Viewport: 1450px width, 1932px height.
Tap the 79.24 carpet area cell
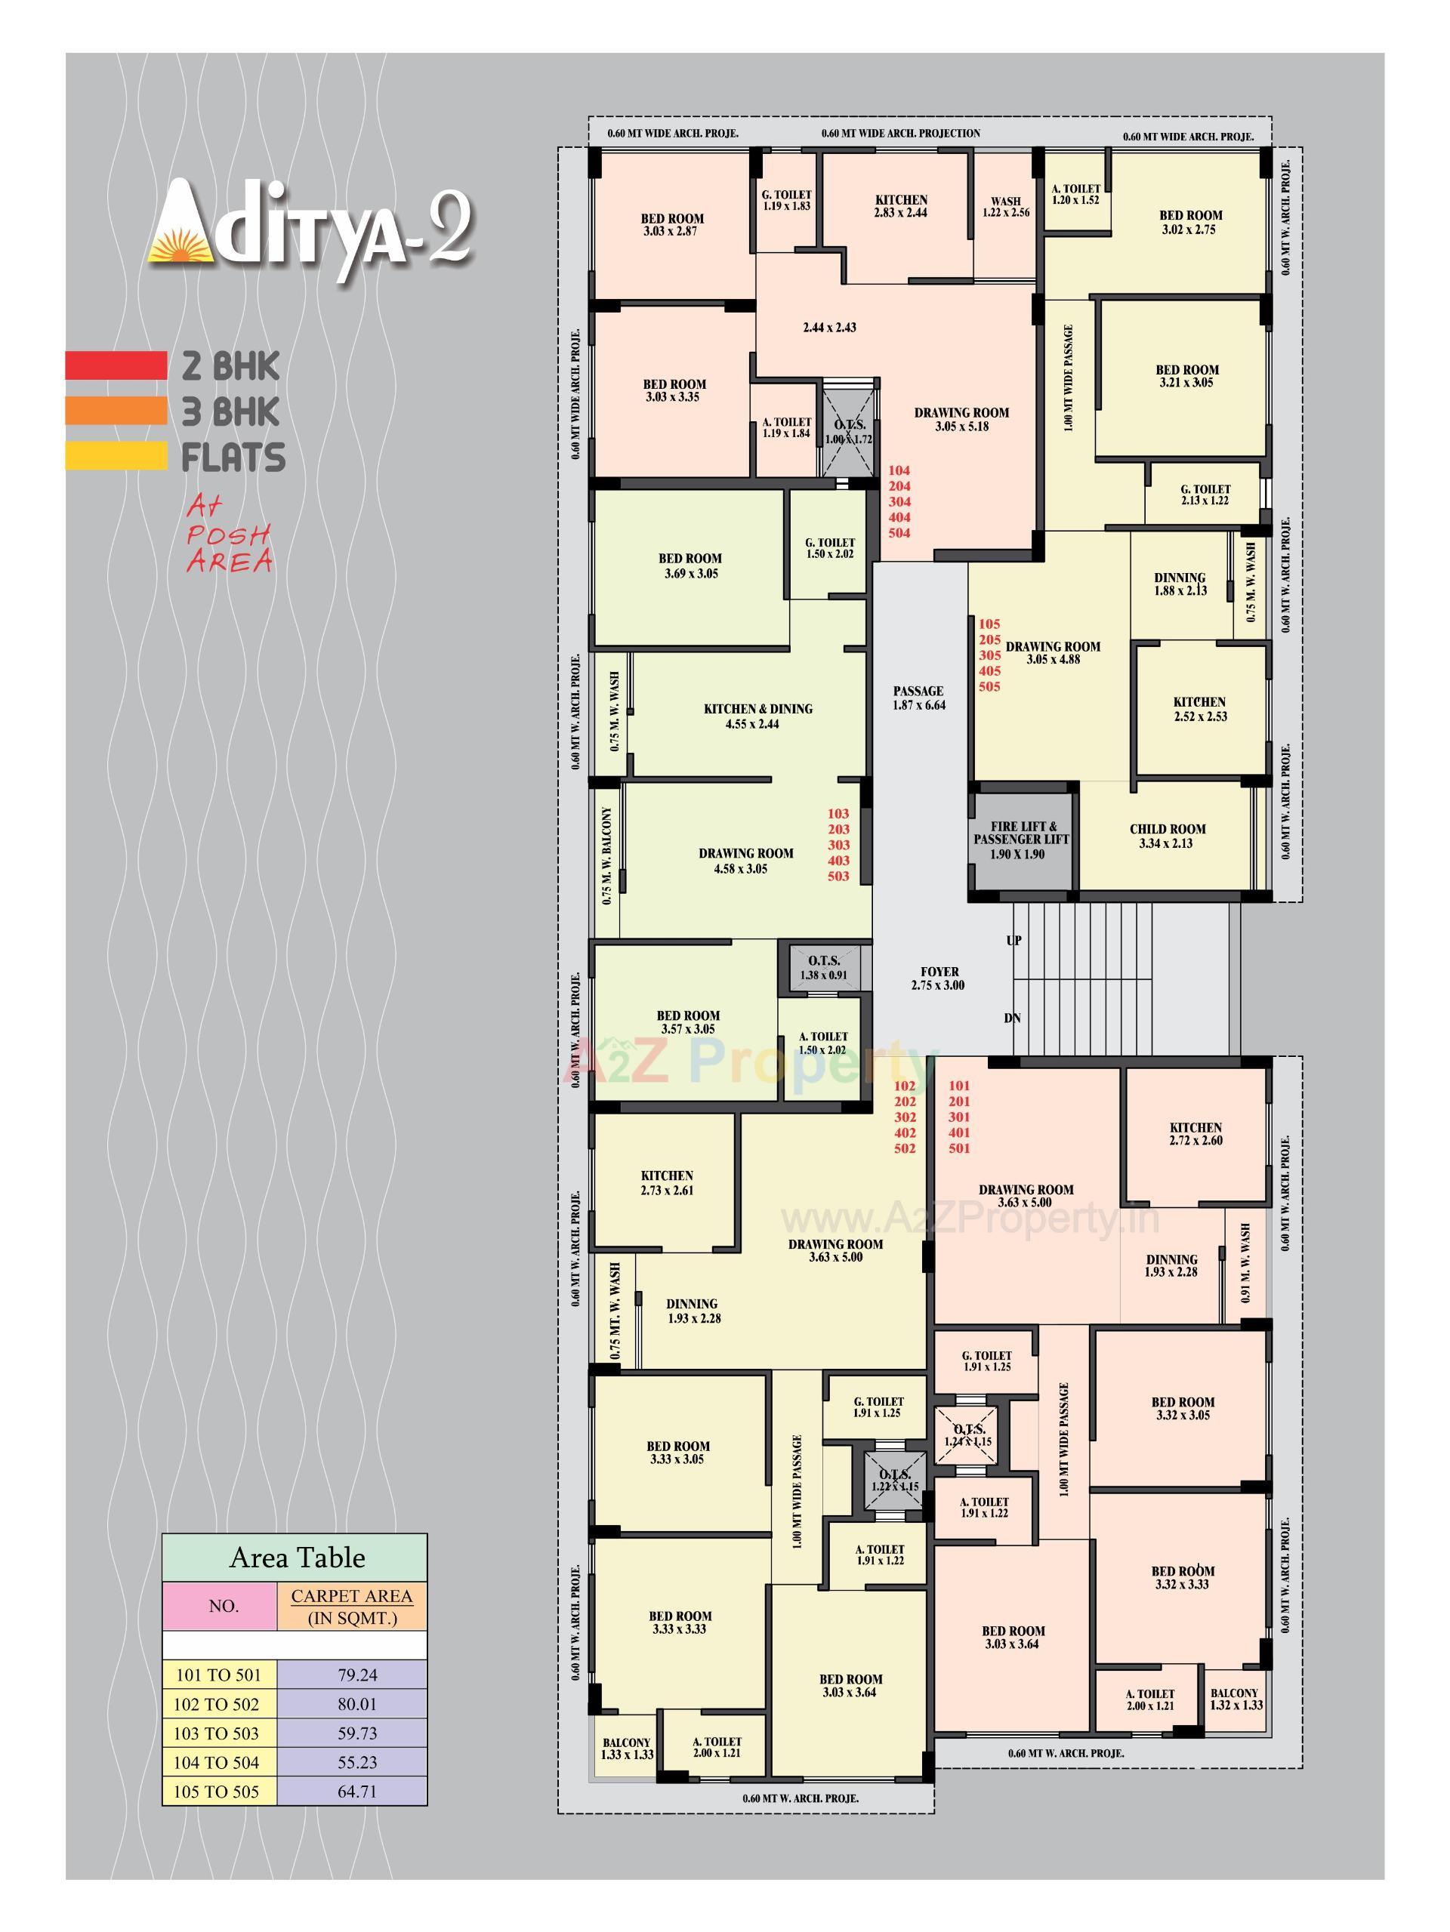(351, 1675)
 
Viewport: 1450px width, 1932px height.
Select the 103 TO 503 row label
(218, 1733)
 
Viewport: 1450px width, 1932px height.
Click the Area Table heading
(297, 1558)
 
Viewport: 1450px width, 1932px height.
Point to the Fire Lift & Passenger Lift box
(1021, 840)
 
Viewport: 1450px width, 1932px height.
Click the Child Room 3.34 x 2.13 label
(1167, 836)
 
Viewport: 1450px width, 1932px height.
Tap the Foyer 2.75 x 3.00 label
(939, 978)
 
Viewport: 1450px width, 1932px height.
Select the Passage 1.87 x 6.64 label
(918, 698)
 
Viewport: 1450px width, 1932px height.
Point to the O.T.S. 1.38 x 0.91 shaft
(824, 967)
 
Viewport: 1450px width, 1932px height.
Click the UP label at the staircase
(1014, 941)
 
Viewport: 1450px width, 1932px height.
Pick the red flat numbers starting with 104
(899, 501)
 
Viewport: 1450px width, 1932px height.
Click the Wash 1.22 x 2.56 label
(1005, 206)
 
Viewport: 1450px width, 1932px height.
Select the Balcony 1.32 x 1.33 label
(1233, 1698)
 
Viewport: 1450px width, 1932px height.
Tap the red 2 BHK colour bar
(116, 365)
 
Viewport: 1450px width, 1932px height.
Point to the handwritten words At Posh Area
(229, 535)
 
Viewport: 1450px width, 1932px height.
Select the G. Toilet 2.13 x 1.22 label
(1205, 495)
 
